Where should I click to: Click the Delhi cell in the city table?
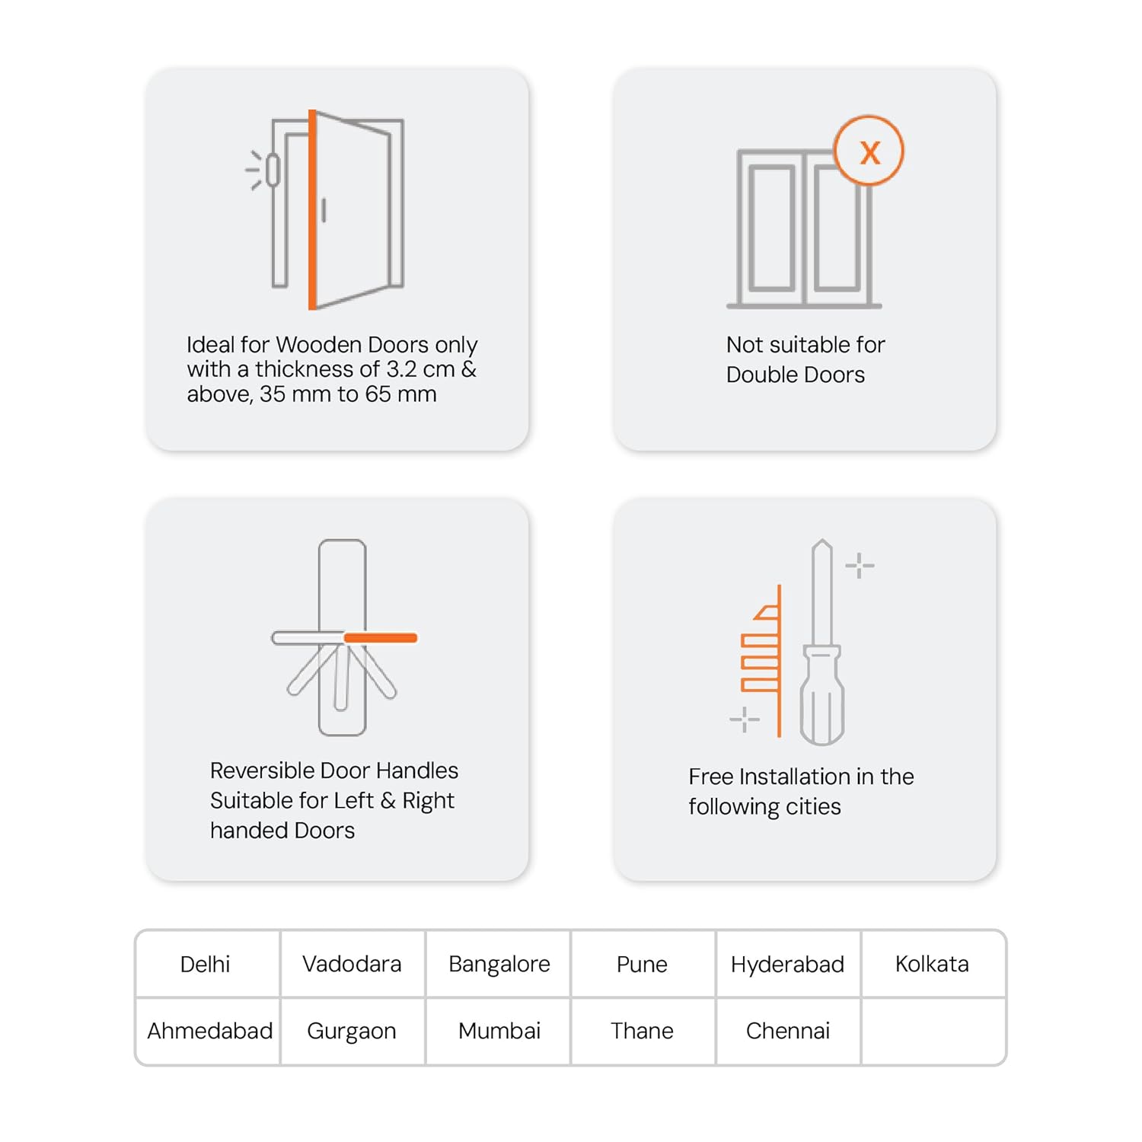(x=205, y=964)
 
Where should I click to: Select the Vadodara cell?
(x=352, y=964)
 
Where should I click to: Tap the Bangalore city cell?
(x=499, y=964)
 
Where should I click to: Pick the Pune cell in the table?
(x=642, y=964)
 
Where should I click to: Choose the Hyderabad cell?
(x=787, y=964)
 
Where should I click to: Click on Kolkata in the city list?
(x=932, y=964)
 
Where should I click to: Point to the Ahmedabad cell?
(x=209, y=1031)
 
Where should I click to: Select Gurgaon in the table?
(x=352, y=1031)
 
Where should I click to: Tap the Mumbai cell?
(x=499, y=1031)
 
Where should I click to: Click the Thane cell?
(x=642, y=1031)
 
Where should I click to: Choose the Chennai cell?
(x=787, y=1031)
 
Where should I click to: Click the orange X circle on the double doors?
(x=869, y=151)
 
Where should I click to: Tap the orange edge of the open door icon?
(x=312, y=209)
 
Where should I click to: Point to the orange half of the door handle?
(x=380, y=638)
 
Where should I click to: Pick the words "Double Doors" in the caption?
(x=795, y=375)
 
